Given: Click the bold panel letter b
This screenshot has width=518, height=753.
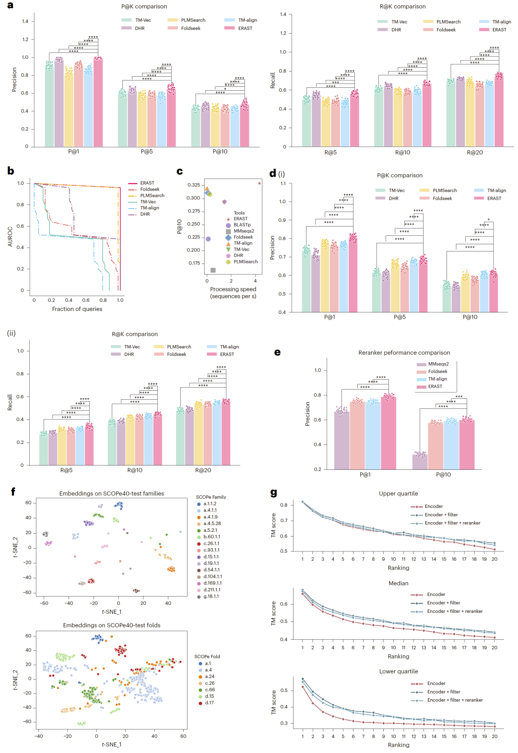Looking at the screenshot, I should pos(11,171).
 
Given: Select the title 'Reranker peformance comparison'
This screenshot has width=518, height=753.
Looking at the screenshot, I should pos(404,353).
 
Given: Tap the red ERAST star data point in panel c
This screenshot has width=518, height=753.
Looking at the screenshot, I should pos(259,183).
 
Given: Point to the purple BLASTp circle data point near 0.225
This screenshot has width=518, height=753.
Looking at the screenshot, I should pos(208,239).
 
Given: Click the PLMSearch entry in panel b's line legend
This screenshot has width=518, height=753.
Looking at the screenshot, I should pos(152,196).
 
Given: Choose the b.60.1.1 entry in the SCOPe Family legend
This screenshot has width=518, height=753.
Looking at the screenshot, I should pos(212,537).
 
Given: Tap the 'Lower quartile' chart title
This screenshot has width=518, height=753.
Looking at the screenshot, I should pos(399,671).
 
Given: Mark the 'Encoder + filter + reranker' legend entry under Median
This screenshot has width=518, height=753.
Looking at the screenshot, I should pos(455,611).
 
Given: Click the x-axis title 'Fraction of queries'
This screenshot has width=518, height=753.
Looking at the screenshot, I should pos(77,309).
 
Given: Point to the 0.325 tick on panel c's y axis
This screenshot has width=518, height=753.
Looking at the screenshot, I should pos(194,185).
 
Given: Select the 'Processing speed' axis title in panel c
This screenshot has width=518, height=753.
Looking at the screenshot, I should pos(233,289).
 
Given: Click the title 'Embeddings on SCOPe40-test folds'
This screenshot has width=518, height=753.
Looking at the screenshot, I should pos(112,625).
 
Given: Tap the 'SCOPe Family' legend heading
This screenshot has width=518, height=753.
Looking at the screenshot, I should pos(211,497).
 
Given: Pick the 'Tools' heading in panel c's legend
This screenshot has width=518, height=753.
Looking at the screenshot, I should pos(239,213).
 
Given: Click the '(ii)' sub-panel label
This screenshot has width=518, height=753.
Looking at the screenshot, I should pos(11,333).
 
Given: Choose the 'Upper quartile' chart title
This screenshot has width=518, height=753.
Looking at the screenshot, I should pos(399,494).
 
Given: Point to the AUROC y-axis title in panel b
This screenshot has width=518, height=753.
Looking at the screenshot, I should pos(10,237).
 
